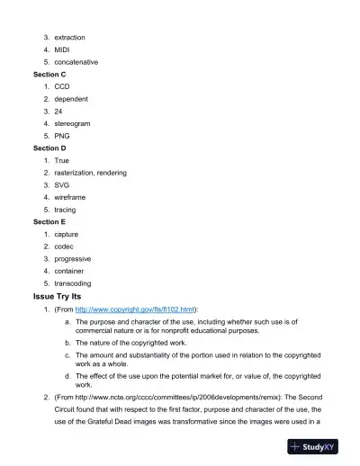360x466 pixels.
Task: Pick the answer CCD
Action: (62, 86)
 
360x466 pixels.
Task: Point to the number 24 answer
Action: (59, 111)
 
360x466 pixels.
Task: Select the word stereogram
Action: (72, 123)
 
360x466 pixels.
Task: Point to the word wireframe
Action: (71, 197)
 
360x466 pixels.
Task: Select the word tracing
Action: (66, 210)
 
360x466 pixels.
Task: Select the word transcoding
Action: (74, 283)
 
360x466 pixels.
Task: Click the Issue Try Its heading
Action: (64, 296)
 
